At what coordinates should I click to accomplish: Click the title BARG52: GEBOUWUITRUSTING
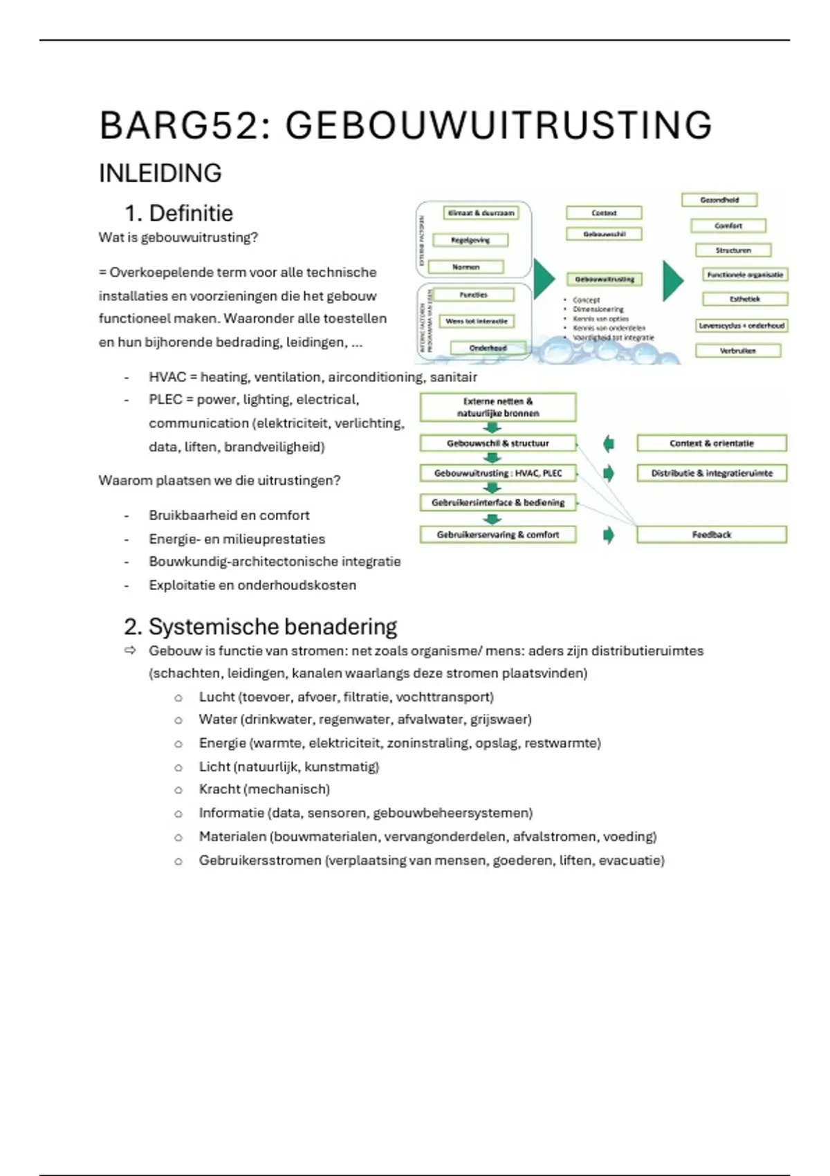pos(405,126)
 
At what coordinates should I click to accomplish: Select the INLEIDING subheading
pos(160,173)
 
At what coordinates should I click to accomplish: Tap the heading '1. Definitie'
pos(178,213)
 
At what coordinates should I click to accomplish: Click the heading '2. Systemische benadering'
pos(260,627)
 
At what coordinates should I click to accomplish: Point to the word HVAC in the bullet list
pos(167,377)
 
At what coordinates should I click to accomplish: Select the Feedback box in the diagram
pos(711,535)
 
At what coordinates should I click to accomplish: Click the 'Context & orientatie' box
pos(711,443)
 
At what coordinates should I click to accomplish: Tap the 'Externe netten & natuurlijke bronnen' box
pos(497,407)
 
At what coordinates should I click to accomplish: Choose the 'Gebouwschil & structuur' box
pos(497,443)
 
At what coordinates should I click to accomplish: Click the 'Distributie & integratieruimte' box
pos(711,473)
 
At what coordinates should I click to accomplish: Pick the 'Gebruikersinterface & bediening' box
pos(497,503)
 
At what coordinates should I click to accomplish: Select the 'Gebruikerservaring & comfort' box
pos(497,535)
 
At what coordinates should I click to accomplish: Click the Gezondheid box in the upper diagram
pos(719,200)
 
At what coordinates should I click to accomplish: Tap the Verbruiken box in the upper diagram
pos(737,351)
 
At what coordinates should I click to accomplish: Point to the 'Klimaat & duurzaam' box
pos(481,213)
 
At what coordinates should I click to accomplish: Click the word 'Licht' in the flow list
pos(214,766)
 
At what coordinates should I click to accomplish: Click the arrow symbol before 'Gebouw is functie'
pos(130,651)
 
